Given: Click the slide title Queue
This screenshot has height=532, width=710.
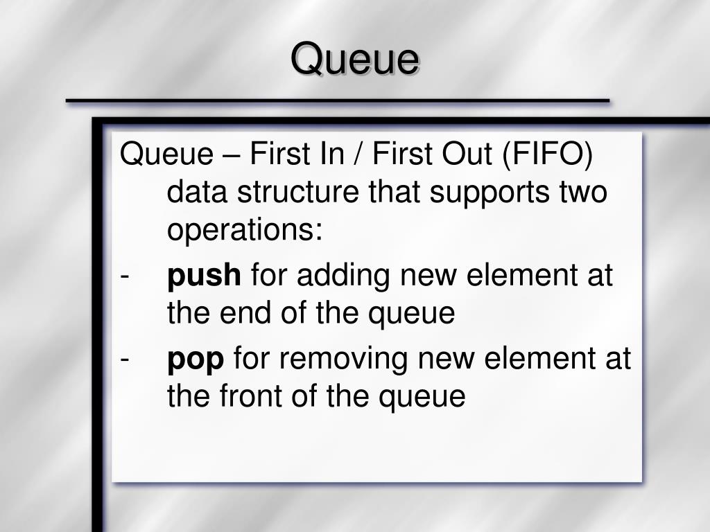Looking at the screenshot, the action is pos(355,59).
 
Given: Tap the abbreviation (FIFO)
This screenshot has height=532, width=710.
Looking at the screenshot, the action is pos(548,154).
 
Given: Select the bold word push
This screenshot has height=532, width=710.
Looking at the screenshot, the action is pos(204,276).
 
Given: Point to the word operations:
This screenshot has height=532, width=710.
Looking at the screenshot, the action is pos(245,231).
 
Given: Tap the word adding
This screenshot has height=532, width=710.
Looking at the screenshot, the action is pos(343,276).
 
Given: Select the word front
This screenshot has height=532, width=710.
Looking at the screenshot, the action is pos(251,396).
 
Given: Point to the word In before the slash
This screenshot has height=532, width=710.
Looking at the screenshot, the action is pos(332,153).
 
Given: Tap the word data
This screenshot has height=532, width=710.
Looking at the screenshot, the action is pos(197,192).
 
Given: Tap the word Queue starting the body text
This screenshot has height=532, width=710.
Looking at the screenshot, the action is pos(166,154).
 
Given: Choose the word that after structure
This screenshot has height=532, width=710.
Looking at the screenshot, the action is pos(395,192).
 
